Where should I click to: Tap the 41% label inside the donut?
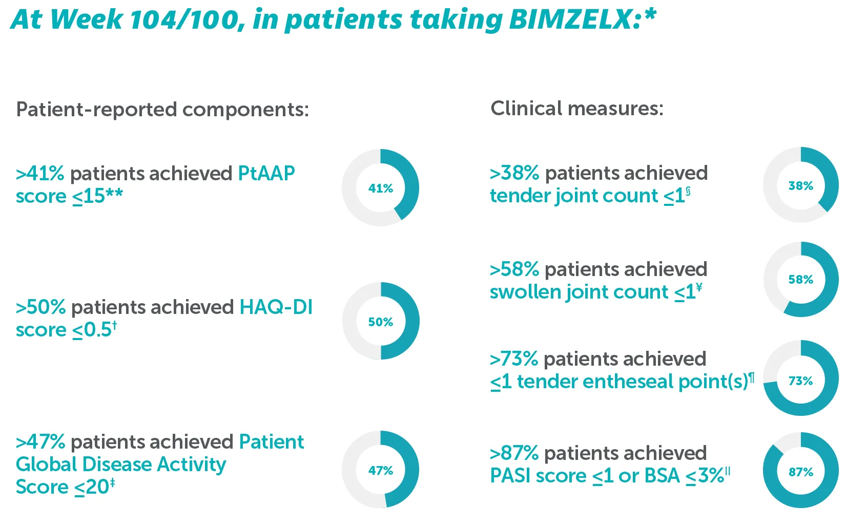[381, 188]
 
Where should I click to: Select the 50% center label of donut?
[381, 322]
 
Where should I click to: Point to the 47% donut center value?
[381, 471]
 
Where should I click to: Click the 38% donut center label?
[801, 186]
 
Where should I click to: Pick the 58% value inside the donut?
[801, 280]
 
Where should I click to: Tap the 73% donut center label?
[801, 381]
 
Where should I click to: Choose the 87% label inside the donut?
[801, 472]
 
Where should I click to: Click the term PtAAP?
[266, 174]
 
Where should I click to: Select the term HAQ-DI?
[276, 307]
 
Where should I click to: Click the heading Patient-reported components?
[162, 110]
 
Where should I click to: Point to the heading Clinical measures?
[577, 109]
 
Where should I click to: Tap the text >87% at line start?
[514, 453]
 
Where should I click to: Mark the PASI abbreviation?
[509, 476]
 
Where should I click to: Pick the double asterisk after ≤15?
[114, 194]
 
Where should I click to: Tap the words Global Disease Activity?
[121, 465]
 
